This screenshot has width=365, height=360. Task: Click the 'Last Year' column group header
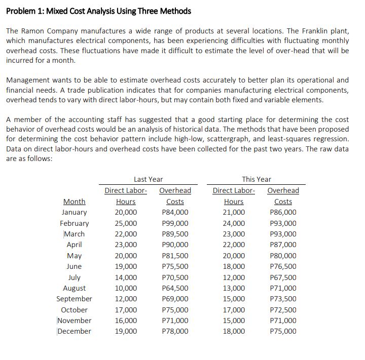tap(148, 179)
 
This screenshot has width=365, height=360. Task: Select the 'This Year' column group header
tap(257, 179)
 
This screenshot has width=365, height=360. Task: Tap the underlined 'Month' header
tap(74, 202)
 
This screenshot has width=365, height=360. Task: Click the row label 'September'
tap(74, 299)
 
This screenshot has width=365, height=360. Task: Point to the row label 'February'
tap(74, 223)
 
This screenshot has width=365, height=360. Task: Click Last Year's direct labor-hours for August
tap(126, 288)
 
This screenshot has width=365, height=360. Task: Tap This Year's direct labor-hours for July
tap(234, 277)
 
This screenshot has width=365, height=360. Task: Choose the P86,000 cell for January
tap(283, 212)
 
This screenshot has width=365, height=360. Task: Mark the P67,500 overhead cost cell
tap(283, 277)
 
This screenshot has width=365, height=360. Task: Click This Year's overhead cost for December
tap(283, 331)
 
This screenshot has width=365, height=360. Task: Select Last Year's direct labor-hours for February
tap(126, 223)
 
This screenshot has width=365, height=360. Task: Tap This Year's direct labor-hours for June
tap(234, 266)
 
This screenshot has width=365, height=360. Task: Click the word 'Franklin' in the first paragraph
tap(304, 31)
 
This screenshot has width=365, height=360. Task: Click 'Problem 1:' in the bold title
tap(23, 11)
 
